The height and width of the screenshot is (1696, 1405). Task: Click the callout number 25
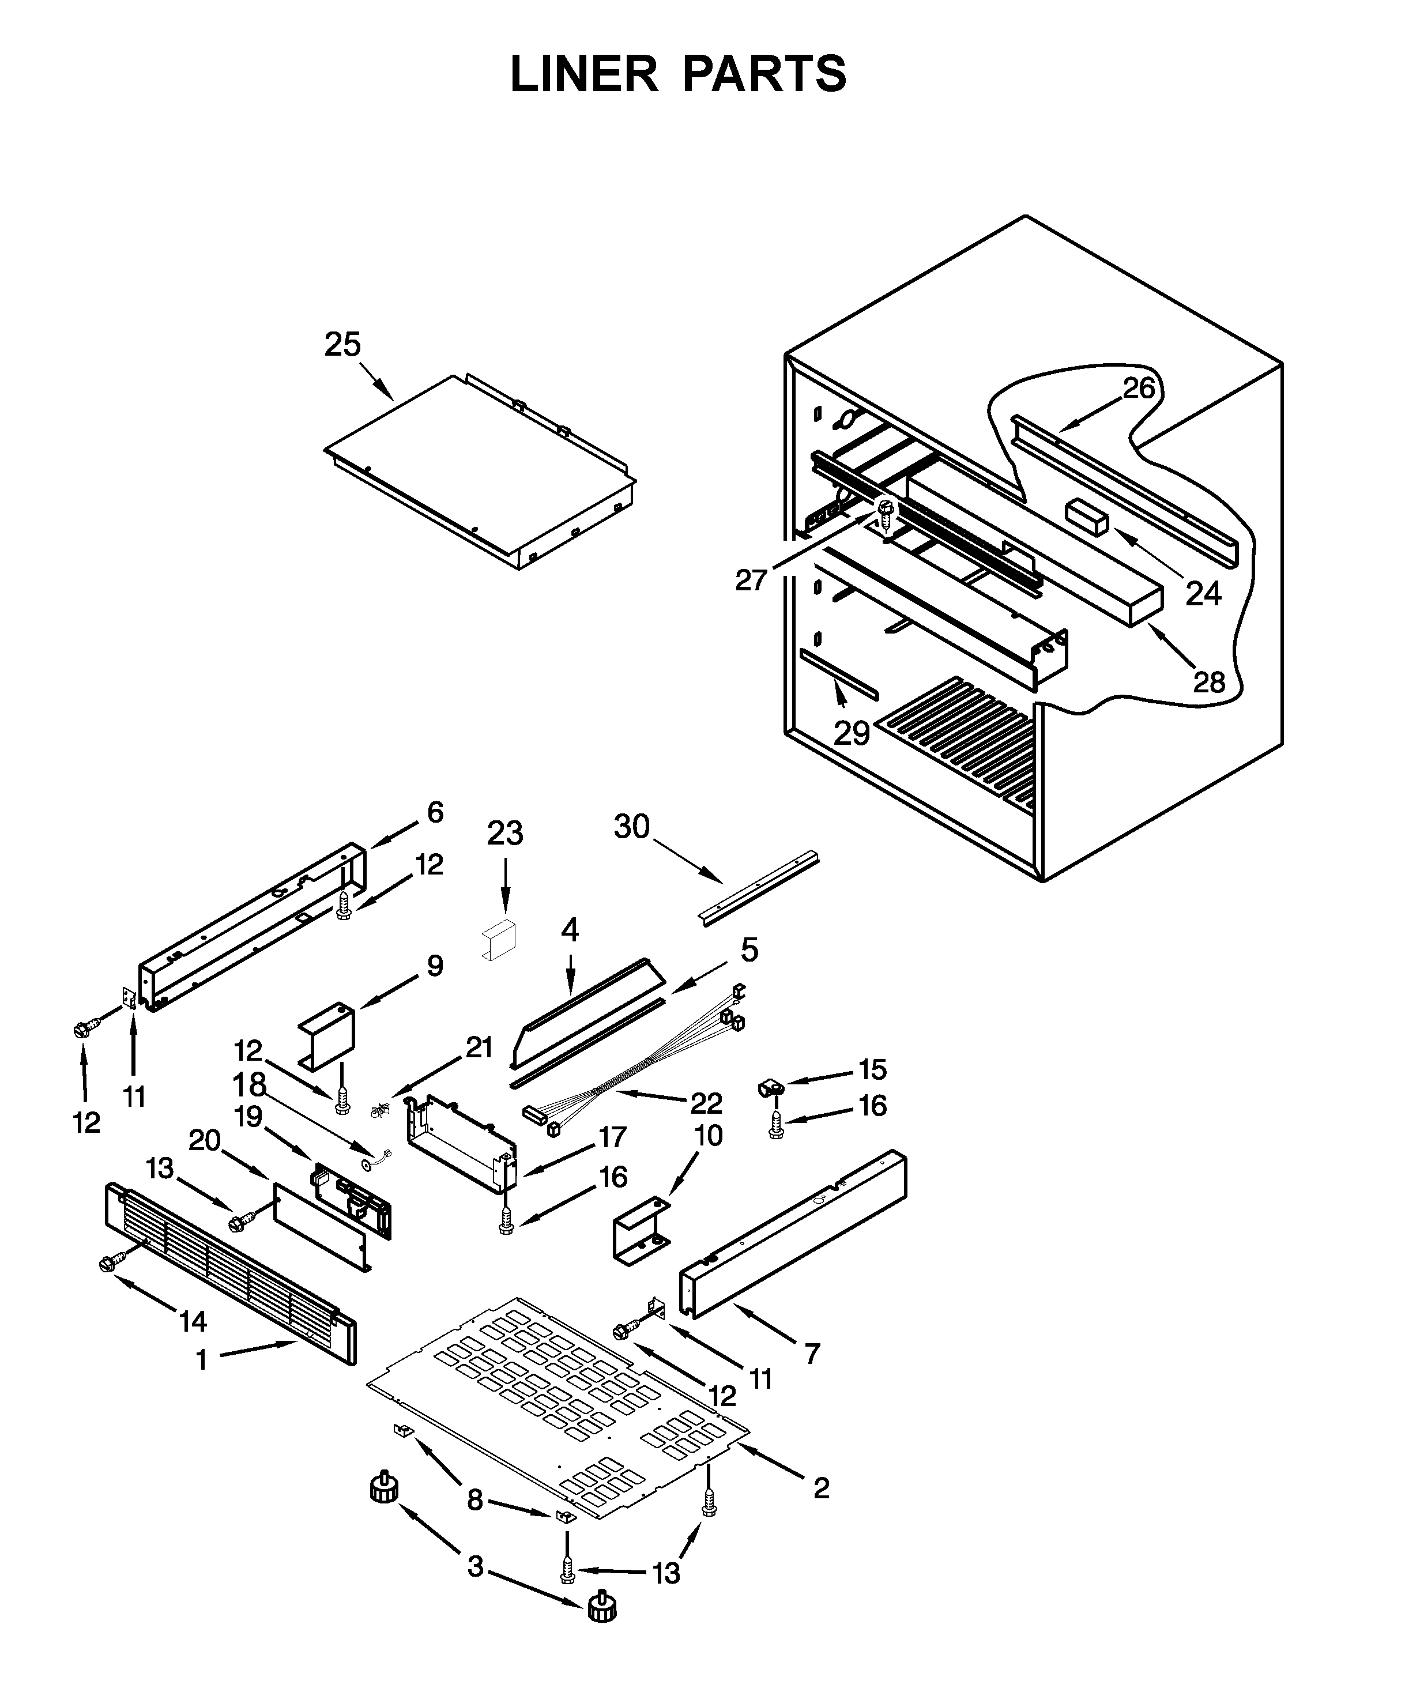point(342,345)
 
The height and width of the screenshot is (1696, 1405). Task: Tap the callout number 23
point(504,832)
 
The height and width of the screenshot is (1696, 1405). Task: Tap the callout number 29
point(851,733)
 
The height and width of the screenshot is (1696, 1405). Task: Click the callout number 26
point(1139,389)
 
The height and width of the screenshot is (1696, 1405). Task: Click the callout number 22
point(706,1102)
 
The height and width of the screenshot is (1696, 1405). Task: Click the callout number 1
point(202,1361)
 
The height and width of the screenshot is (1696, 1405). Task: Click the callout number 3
point(475,1567)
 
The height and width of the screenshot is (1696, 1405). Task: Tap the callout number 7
point(812,1353)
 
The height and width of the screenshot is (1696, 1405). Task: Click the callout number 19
point(248,1117)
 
